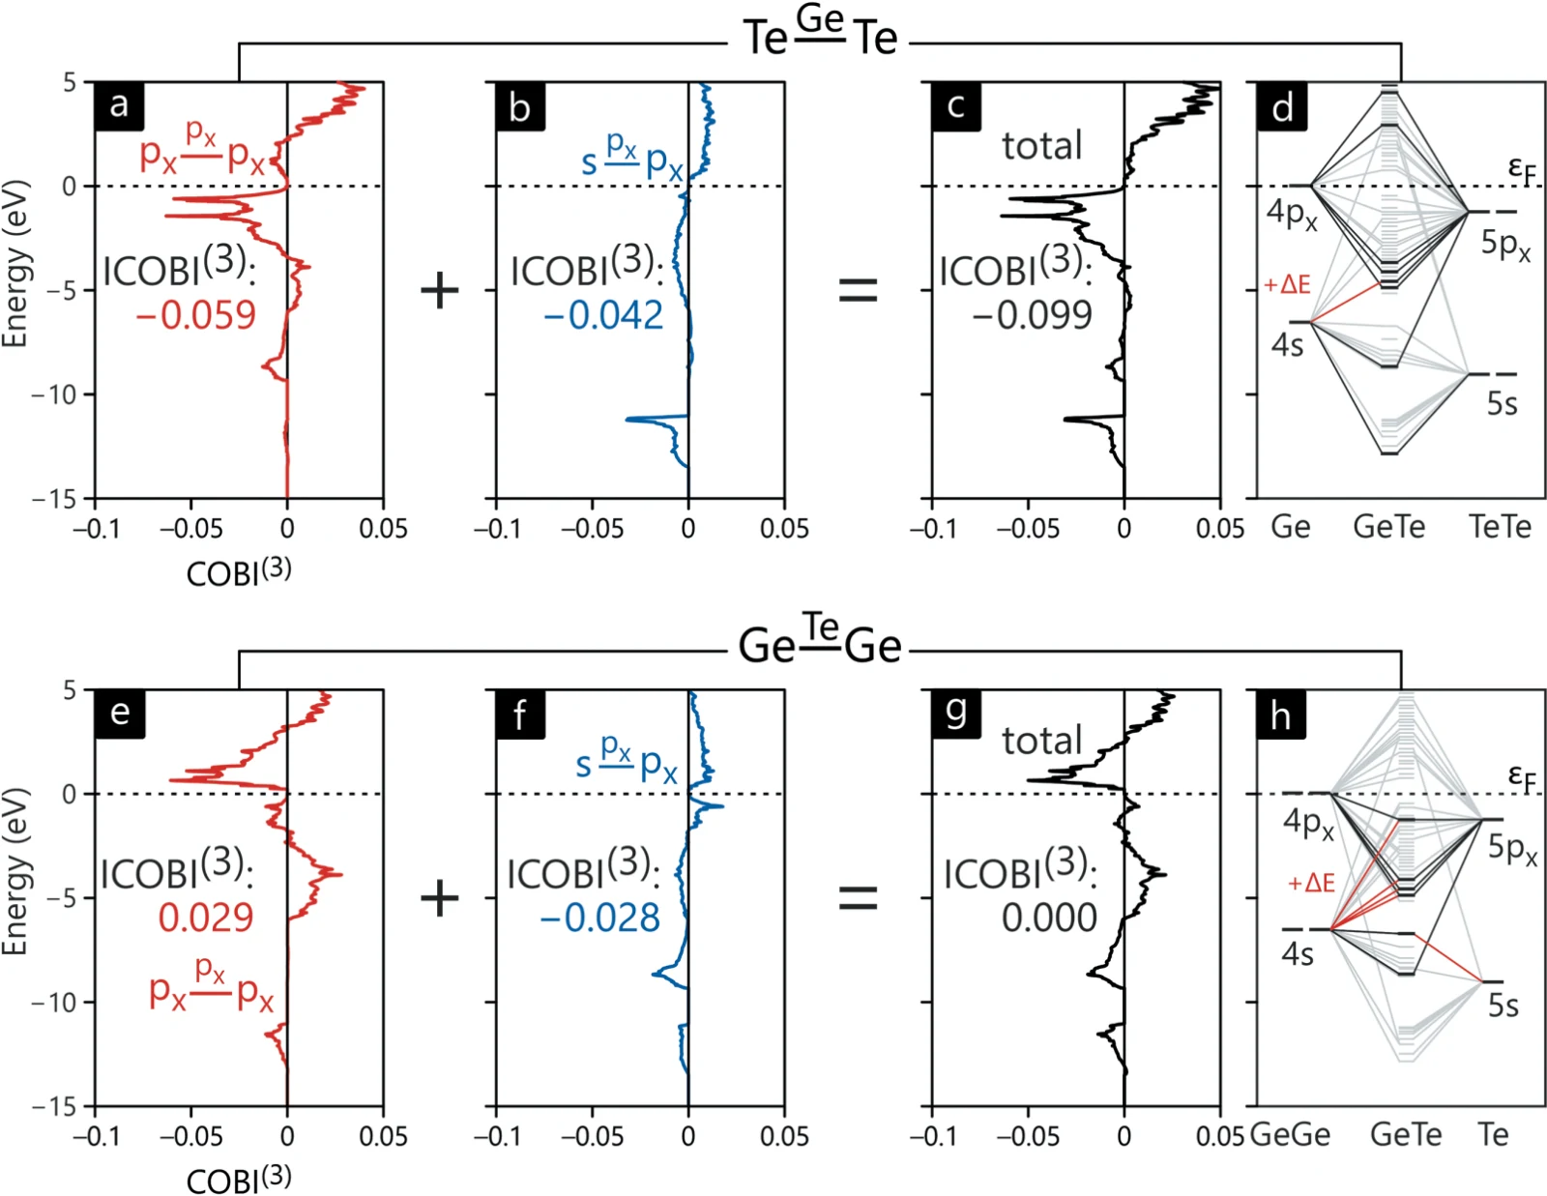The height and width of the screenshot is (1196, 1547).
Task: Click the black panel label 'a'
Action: coord(120,106)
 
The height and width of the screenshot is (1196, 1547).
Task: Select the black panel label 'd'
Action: coord(1282,106)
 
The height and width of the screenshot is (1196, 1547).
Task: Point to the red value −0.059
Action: coord(195,315)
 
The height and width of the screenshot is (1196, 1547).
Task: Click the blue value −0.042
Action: coord(603,315)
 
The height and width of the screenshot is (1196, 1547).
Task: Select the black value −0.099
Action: coord(1033,315)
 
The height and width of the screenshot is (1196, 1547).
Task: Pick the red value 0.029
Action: coord(206,918)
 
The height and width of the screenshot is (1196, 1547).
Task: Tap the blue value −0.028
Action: coord(600,918)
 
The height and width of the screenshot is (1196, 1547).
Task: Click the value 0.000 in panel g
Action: coord(1049,918)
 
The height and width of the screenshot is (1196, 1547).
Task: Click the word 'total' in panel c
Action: coord(1042,146)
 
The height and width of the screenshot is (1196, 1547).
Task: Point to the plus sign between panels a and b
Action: coord(440,291)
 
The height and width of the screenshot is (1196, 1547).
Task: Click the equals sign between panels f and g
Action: coord(859,898)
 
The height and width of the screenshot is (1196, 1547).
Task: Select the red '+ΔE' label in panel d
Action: coord(1287,285)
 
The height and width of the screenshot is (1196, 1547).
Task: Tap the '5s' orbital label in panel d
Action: coord(1503,403)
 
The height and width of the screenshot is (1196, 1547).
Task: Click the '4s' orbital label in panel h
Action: coord(1298,954)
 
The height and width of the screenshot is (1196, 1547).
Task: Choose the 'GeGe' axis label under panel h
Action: coord(1290,1135)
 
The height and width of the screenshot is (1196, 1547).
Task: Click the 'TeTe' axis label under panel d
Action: coord(1501,527)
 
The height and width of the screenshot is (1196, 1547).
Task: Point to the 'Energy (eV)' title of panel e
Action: coord(15,871)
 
